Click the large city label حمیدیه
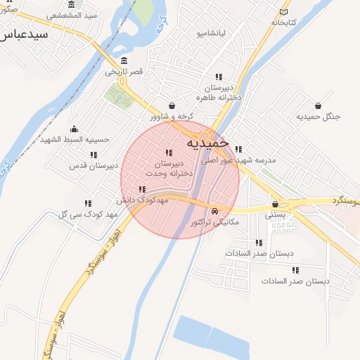pyautogui.click(x=207, y=143)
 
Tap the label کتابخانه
pyautogui.click(x=283, y=22)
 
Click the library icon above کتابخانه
pyautogui.click(x=283, y=11)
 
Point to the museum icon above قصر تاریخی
pyautogui.click(x=124, y=60)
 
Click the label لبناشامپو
pyautogui.click(x=211, y=33)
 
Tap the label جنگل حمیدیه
pyautogui.click(x=318, y=116)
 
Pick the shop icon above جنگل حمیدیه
pyautogui.click(x=318, y=105)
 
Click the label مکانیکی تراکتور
pyautogui.click(x=214, y=222)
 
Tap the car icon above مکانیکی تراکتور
pyautogui.click(x=214, y=211)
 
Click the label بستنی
pyautogui.click(x=275, y=215)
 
